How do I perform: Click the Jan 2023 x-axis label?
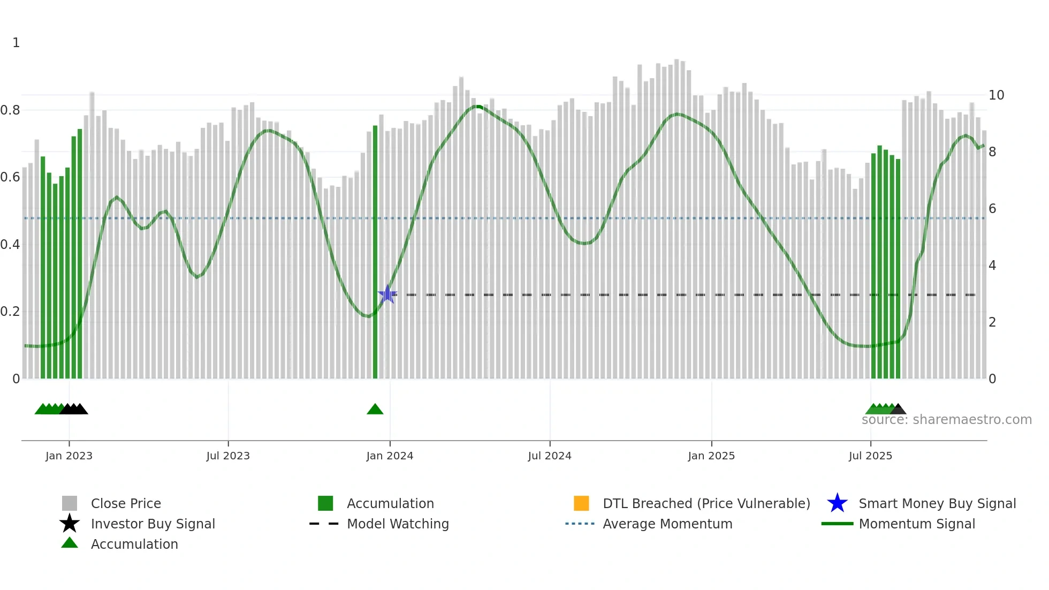tap(69, 456)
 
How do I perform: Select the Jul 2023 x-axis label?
tap(228, 456)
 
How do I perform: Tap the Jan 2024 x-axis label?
tap(390, 456)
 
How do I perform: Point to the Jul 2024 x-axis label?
tap(550, 456)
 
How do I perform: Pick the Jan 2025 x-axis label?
tap(711, 456)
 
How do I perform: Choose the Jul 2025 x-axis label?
tap(870, 456)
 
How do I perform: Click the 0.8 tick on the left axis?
tap(11, 110)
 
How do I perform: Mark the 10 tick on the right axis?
tap(996, 95)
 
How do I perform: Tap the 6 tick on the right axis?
tap(992, 209)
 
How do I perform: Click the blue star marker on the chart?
tap(387, 294)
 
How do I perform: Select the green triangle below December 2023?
tap(375, 410)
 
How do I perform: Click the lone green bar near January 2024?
tap(375, 252)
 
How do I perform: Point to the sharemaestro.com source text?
tap(946, 420)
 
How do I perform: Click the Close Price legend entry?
tap(126, 503)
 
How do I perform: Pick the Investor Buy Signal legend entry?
tap(153, 524)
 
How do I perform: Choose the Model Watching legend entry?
tap(398, 524)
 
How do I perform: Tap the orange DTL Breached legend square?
tap(581, 503)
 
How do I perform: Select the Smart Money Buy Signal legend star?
tap(837, 503)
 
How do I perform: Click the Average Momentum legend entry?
tap(667, 524)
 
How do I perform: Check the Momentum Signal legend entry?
tap(917, 524)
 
